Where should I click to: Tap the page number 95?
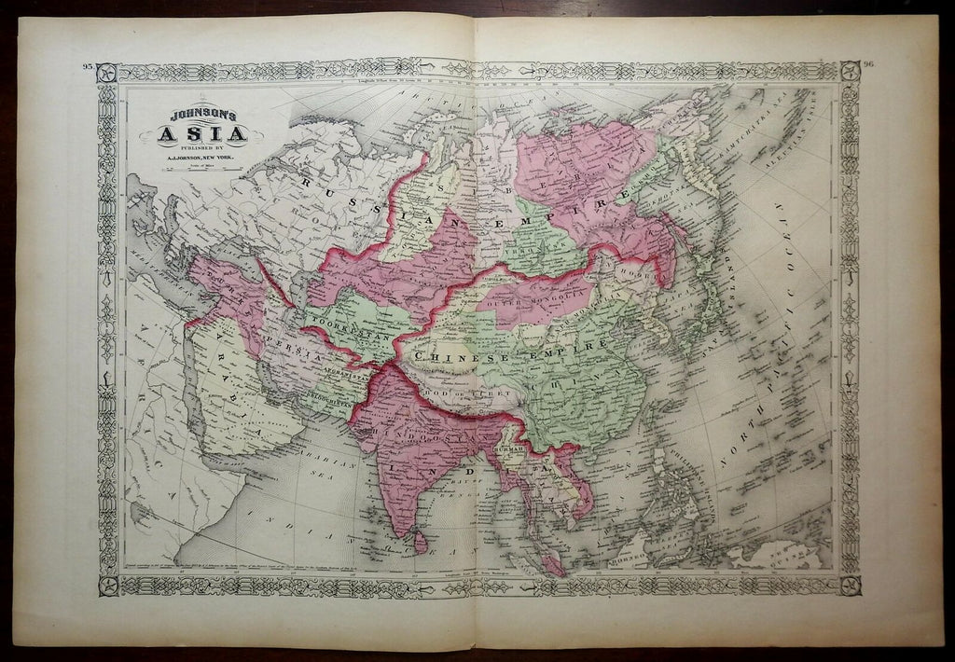(x=88, y=67)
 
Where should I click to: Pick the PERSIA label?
(x=298, y=357)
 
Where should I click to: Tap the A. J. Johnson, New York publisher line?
(x=207, y=158)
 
